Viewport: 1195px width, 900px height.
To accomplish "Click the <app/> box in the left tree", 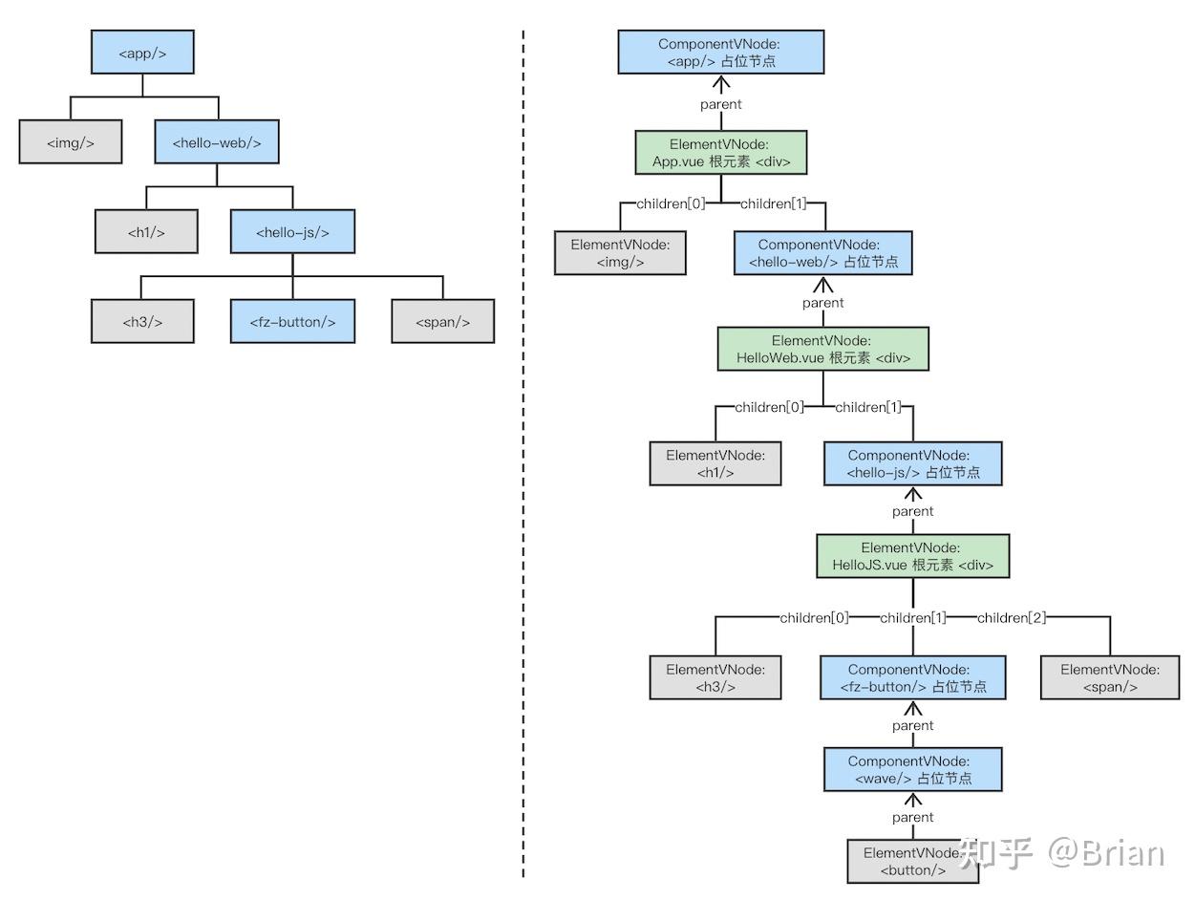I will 142,52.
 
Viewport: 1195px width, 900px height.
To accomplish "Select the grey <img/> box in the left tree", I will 71,141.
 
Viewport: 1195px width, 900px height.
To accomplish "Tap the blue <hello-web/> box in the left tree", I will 217,141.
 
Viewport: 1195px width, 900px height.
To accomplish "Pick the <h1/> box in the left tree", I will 146,231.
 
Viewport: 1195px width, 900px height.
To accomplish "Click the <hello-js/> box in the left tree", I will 292,231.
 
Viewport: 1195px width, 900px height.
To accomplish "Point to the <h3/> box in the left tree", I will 142,321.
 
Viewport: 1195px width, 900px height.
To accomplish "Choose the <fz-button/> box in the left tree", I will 292,321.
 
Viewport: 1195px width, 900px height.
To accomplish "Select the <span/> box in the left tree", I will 442,321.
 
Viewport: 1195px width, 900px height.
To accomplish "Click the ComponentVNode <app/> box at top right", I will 720,52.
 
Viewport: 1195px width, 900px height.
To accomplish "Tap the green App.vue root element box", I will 720,153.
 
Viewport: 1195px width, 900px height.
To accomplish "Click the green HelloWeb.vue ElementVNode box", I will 822,349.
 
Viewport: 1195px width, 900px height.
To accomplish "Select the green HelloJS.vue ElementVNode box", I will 912,556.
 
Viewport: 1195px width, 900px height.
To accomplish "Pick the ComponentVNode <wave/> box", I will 912,770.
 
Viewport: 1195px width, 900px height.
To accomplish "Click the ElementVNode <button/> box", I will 912,861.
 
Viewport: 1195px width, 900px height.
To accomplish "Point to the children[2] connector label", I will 1011,617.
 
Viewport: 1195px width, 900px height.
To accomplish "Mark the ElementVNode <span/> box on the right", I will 1110,678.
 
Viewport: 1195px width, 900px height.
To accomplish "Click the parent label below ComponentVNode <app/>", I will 720,104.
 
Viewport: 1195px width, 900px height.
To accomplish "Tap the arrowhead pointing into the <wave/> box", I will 912,800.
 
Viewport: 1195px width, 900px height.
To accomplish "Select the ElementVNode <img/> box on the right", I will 620,253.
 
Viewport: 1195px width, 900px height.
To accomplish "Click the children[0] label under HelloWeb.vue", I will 769,407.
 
